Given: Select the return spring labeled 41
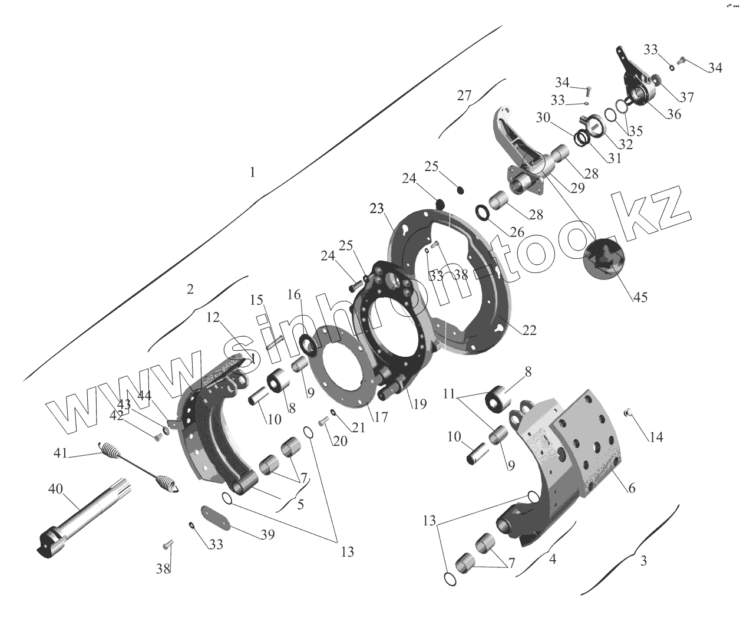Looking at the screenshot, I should point(141,466).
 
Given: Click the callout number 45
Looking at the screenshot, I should point(640,297).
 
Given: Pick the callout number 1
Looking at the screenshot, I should point(253,172).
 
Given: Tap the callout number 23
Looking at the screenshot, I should point(377,208).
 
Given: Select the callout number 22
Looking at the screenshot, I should point(530,330).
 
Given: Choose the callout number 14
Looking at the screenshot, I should point(656,437).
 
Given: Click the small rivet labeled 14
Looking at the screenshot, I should point(627,412).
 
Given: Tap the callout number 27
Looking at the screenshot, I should point(464,96).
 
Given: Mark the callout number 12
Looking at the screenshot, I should point(213,319).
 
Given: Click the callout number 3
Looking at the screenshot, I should point(643,560).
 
